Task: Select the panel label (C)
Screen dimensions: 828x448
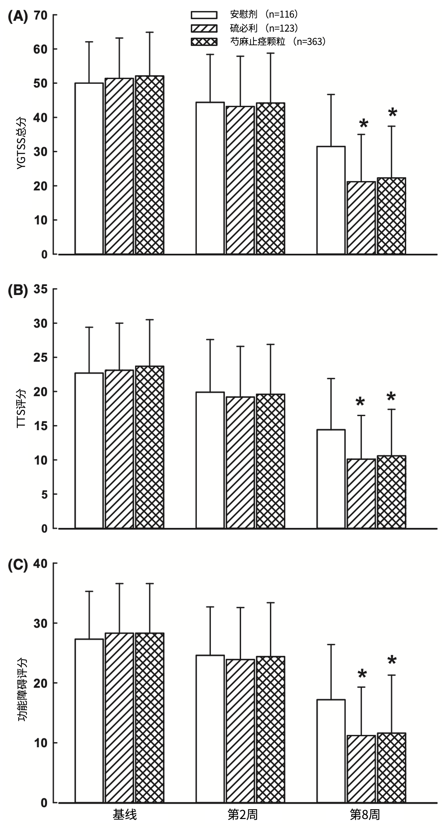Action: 18,565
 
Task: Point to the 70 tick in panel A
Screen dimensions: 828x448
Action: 41,15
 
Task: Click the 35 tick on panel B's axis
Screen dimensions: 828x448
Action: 41,289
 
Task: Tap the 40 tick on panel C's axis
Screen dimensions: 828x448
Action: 41,564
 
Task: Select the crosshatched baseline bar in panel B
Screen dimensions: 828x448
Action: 150,447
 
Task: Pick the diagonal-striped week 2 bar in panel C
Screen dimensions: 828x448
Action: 240,731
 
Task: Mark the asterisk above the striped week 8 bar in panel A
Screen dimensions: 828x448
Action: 364,124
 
